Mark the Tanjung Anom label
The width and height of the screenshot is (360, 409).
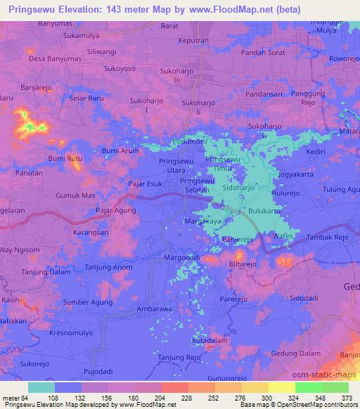click(x=108, y=267)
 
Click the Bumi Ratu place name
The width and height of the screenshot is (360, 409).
click(x=65, y=159)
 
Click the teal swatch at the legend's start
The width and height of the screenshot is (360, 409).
click(x=41, y=387)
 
